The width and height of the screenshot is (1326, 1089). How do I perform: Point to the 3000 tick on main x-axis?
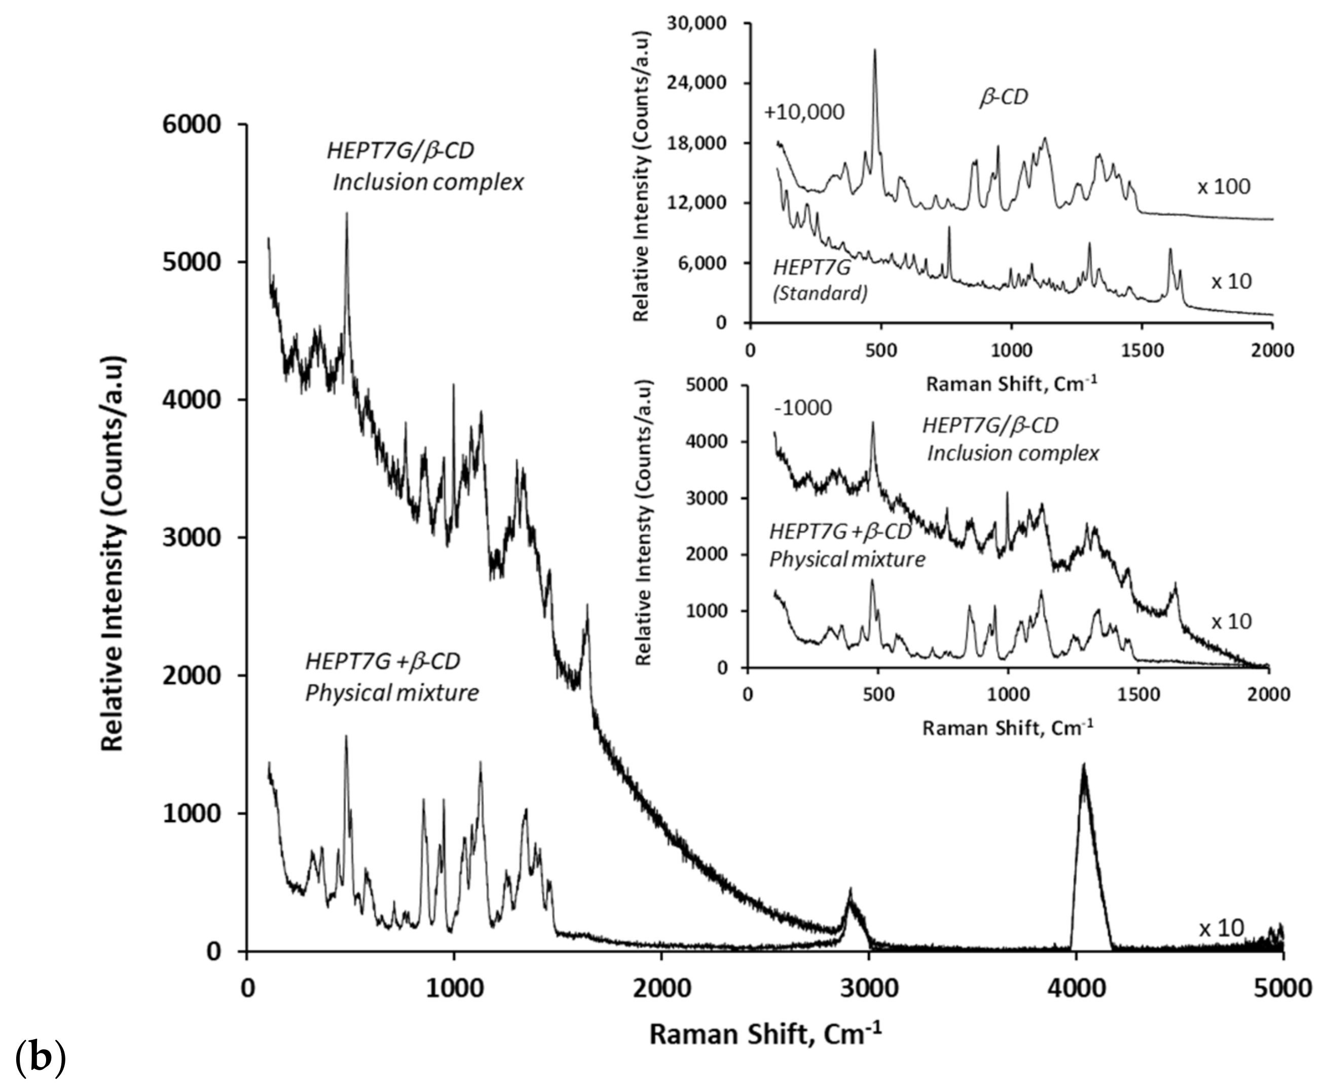coord(868,989)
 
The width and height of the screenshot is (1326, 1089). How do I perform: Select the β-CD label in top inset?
coord(1004,97)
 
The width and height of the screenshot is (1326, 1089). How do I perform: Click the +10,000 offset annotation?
coord(804,112)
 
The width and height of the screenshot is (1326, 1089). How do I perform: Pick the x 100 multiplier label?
coord(1223,187)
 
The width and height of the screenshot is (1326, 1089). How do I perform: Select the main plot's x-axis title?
coord(765,1034)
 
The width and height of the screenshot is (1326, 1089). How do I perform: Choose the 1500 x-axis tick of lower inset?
coord(1139,695)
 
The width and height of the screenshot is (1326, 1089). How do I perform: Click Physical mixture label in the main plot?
coord(392,693)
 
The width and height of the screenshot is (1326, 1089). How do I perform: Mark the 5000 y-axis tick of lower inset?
coord(706,384)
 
